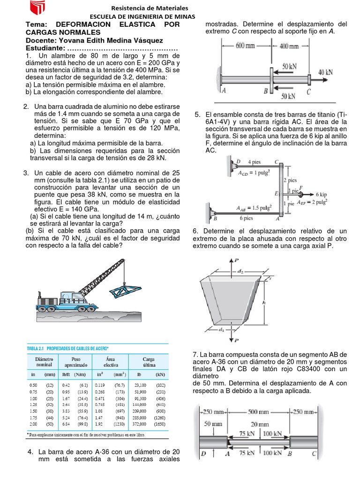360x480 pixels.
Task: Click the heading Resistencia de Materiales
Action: (149, 8)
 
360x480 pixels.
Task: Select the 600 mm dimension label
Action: (246, 46)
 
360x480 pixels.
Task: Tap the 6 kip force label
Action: (322, 194)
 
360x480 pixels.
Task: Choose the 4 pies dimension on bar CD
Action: (255, 163)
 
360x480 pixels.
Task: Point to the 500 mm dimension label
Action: (259, 412)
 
